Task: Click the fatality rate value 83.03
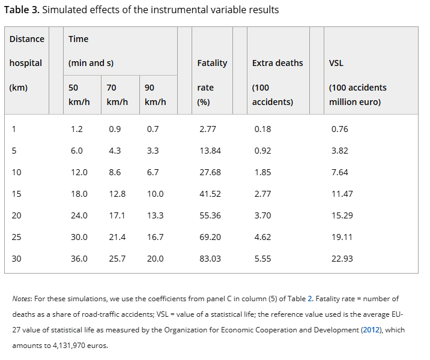[210, 259]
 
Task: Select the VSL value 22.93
[340, 259]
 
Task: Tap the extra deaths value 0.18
[262, 129]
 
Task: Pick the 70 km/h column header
[117, 94]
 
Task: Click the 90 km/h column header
[156, 94]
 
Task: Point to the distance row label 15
[16, 194]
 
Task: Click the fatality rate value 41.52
[210, 194]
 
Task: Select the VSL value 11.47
[340, 194]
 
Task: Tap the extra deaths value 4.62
[262, 237]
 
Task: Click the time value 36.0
[79, 259]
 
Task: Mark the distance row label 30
[16, 259]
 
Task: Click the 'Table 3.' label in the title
[22, 10]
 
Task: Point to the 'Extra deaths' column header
[277, 63]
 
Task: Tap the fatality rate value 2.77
[208, 129]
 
